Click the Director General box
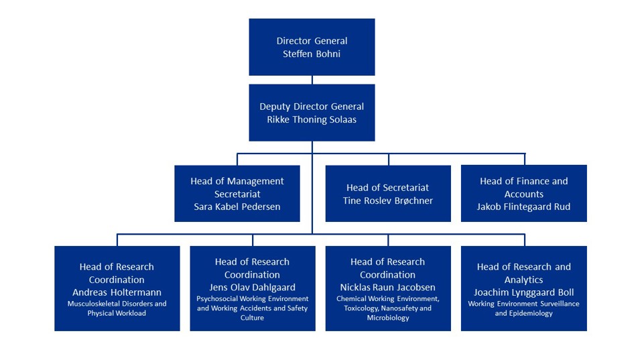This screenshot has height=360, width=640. pyautogui.click(x=312, y=47)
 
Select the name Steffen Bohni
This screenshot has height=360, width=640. pyautogui.click(x=312, y=54)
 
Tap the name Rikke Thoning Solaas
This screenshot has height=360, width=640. pyautogui.click(x=312, y=119)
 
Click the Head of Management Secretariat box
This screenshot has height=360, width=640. pyautogui.click(x=237, y=194)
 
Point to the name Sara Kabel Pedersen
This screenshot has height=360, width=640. pyautogui.click(x=237, y=206)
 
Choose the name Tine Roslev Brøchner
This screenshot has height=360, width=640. pyautogui.click(x=387, y=200)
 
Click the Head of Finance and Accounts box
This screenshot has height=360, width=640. pyautogui.click(x=523, y=194)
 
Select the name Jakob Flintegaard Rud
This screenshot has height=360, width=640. pyautogui.click(x=523, y=206)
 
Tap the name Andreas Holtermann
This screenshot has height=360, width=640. pyautogui.click(x=117, y=292)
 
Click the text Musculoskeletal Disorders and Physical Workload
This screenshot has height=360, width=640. pyautogui.click(x=117, y=308)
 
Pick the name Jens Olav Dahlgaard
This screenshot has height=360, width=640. pyautogui.click(x=252, y=288)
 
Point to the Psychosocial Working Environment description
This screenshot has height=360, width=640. pyautogui.click(x=252, y=308)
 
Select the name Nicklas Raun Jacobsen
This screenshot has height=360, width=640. pyautogui.click(x=387, y=288)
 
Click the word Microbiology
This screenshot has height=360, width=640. pyautogui.click(x=387, y=318)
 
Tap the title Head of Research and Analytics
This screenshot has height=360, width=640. pyautogui.click(x=523, y=273)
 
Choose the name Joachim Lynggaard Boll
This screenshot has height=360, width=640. pyautogui.click(x=523, y=292)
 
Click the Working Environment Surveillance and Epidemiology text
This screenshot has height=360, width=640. pyautogui.click(x=523, y=308)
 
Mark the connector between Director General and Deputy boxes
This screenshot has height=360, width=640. pyautogui.click(x=312, y=80)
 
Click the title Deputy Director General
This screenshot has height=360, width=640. pyautogui.click(x=312, y=107)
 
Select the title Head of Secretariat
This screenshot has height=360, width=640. pyautogui.click(x=387, y=188)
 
